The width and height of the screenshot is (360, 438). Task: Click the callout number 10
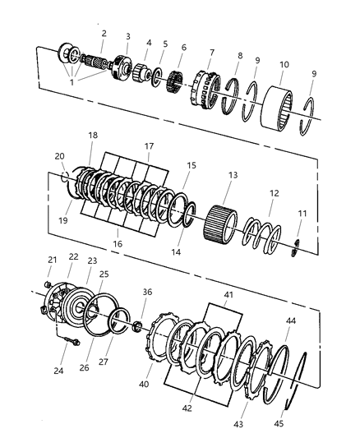284,65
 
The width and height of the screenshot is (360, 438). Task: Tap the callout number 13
233,175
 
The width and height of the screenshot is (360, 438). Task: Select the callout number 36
147,292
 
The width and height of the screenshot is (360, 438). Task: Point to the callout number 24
58,371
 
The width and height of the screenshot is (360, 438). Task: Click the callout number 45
279,424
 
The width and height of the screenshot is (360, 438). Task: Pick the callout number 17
149,146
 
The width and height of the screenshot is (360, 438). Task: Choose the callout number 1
72,82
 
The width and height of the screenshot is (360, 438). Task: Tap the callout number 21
53,260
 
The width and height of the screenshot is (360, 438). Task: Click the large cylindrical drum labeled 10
277,108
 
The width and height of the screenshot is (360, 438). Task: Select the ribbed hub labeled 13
220,226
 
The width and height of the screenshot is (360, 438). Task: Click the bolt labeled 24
72,341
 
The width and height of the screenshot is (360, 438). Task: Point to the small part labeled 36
137,326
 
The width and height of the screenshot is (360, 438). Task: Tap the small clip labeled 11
294,247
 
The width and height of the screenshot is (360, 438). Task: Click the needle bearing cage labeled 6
174,81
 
